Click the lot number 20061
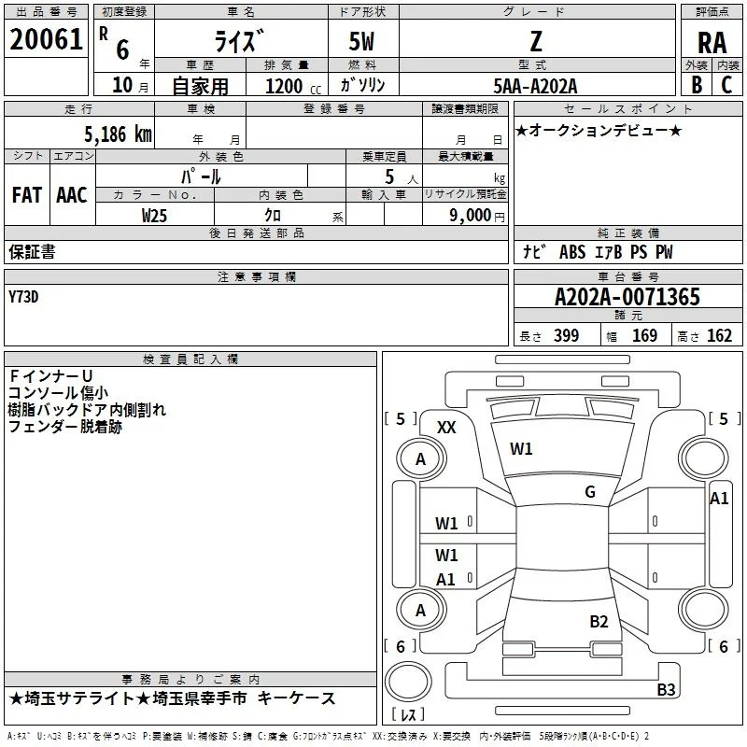coord(46,39)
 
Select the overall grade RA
coord(712,43)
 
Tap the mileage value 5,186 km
coord(119,134)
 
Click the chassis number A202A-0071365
coord(627,297)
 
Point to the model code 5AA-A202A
coord(535,86)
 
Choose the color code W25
coord(154,216)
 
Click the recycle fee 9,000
coord(471,216)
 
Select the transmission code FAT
coord(27,195)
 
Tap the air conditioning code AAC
coord(72,195)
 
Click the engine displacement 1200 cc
coord(293,86)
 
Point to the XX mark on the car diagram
coord(446,428)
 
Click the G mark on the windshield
coord(590,492)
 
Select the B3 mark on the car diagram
coord(666,689)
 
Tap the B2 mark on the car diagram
coord(599,622)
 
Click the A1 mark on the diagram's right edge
coord(719,499)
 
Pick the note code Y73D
coord(23,297)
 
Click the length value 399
coord(567,335)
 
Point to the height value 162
coord(719,335)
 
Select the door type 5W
coord(361,41)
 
